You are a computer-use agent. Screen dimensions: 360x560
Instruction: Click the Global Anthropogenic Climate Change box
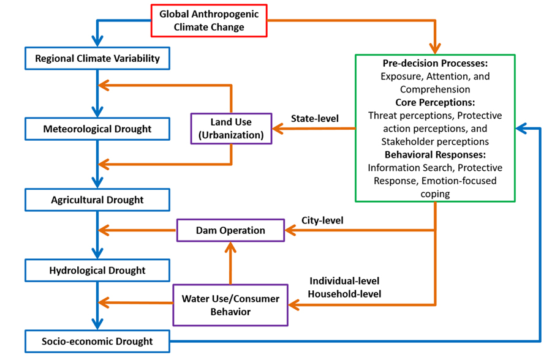pyautogui.click(x=210, y=20)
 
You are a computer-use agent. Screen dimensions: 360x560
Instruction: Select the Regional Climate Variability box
pyautogui.click(x=97, y=59)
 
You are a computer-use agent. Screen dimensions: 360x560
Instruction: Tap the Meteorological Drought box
pyautogui.click(x=97, y=129)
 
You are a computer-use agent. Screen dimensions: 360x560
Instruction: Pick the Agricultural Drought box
pyautogui.click(x=97, y=200)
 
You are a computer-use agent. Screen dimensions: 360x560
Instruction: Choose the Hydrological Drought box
pyautogui.click(x=97, y=270)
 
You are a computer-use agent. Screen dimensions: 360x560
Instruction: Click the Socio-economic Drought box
pyautogui.click(x=97, y=341)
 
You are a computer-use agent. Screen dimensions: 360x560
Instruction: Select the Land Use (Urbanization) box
pyautogui.click(x=231, y=128)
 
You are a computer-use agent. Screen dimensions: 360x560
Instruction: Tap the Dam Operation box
pyautogui.click(x=230, y=230)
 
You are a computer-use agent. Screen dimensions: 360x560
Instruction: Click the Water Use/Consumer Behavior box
pyautogui.click(x=230, y=305)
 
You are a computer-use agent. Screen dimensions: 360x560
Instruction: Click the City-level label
pyautogui.click(x=322, y=220)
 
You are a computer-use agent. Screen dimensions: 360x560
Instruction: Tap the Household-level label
pyautogui.click(x=344, y=294)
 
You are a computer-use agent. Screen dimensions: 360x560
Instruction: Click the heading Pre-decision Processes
pyautogui.click(x=435, y=64)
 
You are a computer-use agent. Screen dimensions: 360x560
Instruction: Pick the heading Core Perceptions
pyautogui.click(x=435, y=102)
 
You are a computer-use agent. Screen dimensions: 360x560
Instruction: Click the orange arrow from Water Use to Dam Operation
pyautogui.click(x=230, y=263)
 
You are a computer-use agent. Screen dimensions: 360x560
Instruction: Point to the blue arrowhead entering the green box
pyautogui.click(x=521, y=129)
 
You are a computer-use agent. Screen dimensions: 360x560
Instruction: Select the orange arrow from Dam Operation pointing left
pyautogui.click(x=138, y=231)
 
